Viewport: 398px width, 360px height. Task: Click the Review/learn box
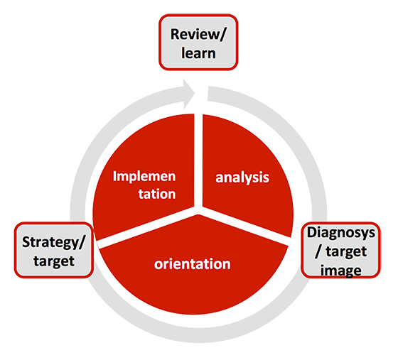pos(198,43)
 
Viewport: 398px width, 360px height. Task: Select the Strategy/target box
pos(54,250)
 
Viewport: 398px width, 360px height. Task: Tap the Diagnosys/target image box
pos(340,250)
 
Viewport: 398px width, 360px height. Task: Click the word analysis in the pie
pos(242,178)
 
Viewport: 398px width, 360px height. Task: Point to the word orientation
pos(192,264)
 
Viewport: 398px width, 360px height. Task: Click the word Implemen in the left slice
pos(144,176)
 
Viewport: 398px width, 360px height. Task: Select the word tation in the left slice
pos(157,194)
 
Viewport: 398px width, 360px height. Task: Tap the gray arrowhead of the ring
pos(189,94)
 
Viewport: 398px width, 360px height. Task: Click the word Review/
pos(198,34)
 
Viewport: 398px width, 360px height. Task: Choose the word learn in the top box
pos(198,53)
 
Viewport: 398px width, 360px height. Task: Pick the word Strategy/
pos(53,242)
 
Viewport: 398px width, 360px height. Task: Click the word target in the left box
pos(54,261)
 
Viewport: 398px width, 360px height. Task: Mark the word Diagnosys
pos(341,233)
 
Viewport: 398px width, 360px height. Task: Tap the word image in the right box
pos(341,271)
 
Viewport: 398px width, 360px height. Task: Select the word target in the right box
pos(346,251)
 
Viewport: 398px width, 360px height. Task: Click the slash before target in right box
pos(318,252)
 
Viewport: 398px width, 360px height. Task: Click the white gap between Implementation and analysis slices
pos(198,160)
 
